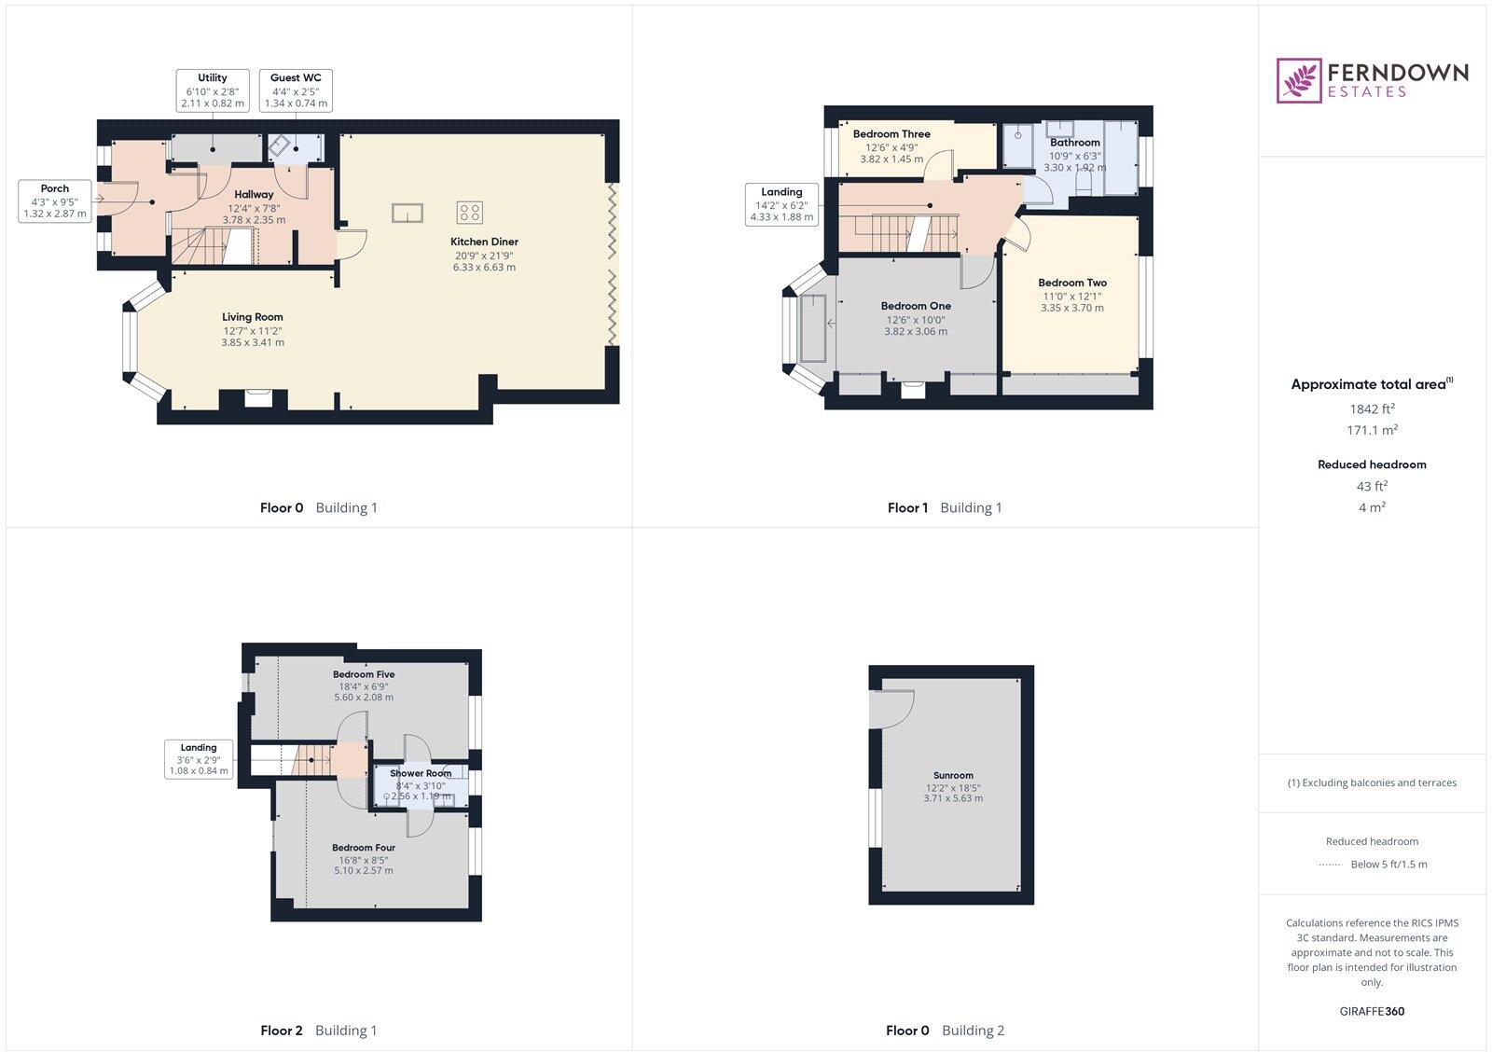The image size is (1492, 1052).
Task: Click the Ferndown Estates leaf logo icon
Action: point(1299,80)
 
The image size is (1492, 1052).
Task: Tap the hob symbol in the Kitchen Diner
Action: point(469,213)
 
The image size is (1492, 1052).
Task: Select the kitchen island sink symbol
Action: point(408,214)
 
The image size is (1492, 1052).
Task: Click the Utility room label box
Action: point(213,90)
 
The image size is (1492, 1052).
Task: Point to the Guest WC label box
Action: point(296,90)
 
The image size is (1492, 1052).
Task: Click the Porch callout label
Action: point(55,201)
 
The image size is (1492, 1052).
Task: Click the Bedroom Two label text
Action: point(1072,283)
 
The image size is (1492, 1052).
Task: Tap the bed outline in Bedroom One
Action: point(814,327)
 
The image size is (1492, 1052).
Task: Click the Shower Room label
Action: point(421,773)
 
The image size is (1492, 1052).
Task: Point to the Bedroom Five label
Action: point(364,674)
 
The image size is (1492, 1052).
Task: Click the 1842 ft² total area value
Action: point(1372,408)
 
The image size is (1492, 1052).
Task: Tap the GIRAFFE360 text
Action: point(1372,1011)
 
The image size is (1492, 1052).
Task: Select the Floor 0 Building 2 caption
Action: point(945,1031)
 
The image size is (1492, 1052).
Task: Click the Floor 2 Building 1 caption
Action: point(318,1031)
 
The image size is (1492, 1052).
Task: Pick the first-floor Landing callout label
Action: point(781,204)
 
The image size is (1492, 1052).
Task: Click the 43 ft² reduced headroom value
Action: point(1372,486)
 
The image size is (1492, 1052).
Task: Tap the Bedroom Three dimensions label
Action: point(891,153)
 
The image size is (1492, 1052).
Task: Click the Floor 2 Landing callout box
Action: point(199,759)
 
